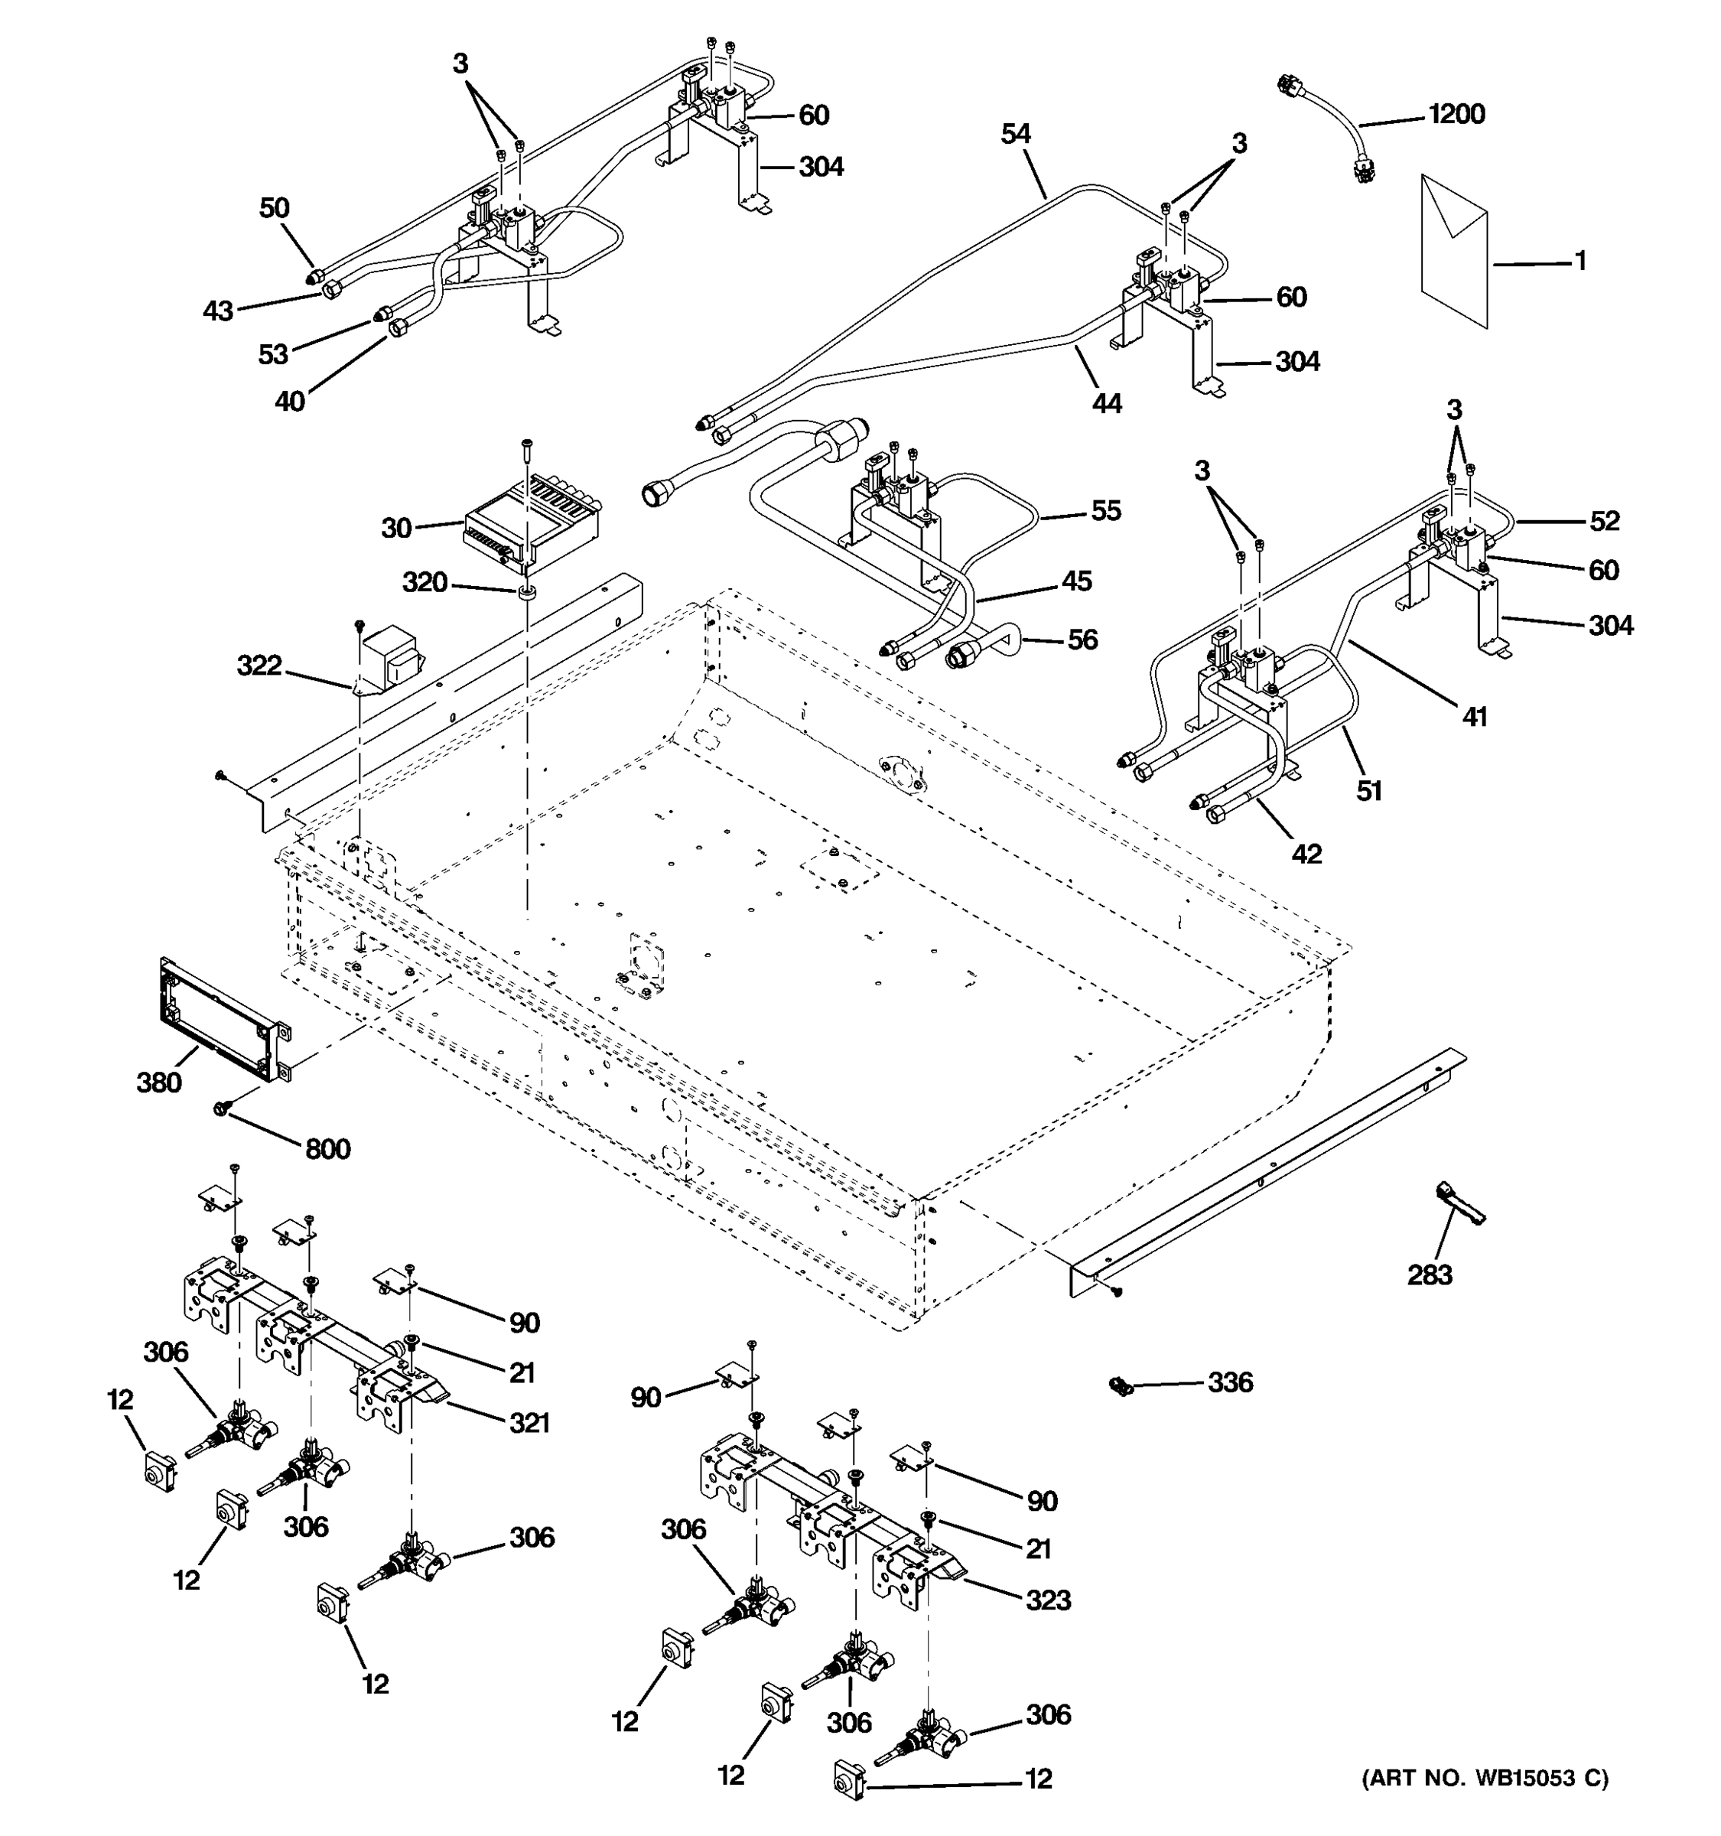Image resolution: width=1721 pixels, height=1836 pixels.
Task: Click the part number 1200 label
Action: (x=1456, y=115)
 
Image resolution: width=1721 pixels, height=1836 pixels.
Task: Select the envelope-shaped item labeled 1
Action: (x=1454, y=250)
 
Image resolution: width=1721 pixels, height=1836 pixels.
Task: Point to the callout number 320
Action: (x=425, y=583)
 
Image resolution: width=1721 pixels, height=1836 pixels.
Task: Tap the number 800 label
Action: (x=328, y=1150)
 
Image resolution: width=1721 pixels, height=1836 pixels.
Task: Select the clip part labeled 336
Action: (x=1121, y=1385)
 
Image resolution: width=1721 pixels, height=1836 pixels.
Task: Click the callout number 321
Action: (x=529, y=1423)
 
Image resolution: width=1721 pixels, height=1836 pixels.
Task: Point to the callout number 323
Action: (x=1048, y=1600)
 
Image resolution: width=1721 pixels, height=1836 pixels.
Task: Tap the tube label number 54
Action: (x=1016, y=135)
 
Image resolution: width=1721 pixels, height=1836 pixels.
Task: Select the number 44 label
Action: (x=1106, y=404)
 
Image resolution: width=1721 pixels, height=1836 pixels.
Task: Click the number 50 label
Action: (x=275, y=209)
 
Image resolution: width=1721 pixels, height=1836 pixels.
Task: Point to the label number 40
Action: (x=290, y=402)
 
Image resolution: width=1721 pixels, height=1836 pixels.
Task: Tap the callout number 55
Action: (x=1105, y=511)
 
